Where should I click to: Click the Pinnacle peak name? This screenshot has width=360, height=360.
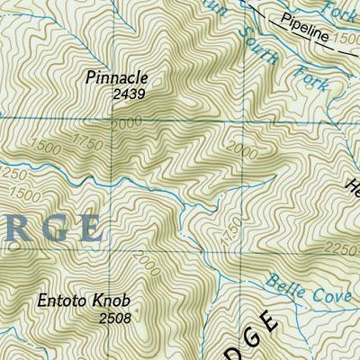point(115,77)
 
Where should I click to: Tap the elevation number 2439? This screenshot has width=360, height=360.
point(129,93)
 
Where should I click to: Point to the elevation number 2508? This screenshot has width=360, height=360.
point(114,317)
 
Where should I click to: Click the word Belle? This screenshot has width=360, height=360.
point(283,284)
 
